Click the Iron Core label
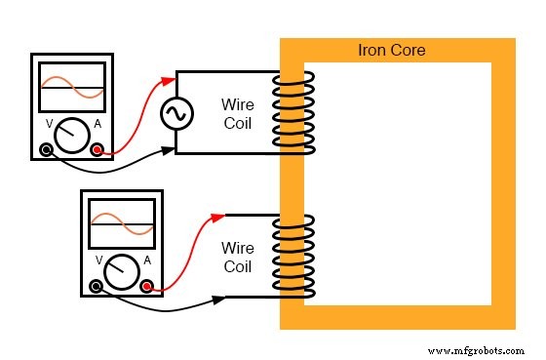[x=392, y=50]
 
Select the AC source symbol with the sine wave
[x=175, y=114]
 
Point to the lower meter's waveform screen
[x=122, y=226]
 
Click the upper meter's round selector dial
[x=71, y=136]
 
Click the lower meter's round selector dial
[x=122, y=271]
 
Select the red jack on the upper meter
[x=97, y=150]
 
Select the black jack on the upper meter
[x=46, y=150]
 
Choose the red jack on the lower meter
[x=147, y=286]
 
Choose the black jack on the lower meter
[x=96, y=286]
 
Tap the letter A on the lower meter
[x=147, y=260]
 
